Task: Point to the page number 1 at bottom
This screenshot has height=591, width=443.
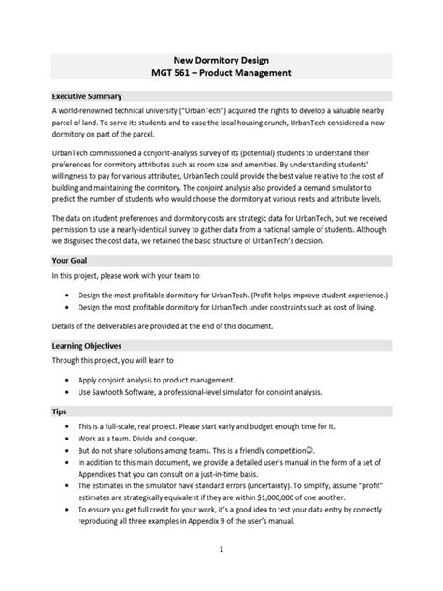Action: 221,550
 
